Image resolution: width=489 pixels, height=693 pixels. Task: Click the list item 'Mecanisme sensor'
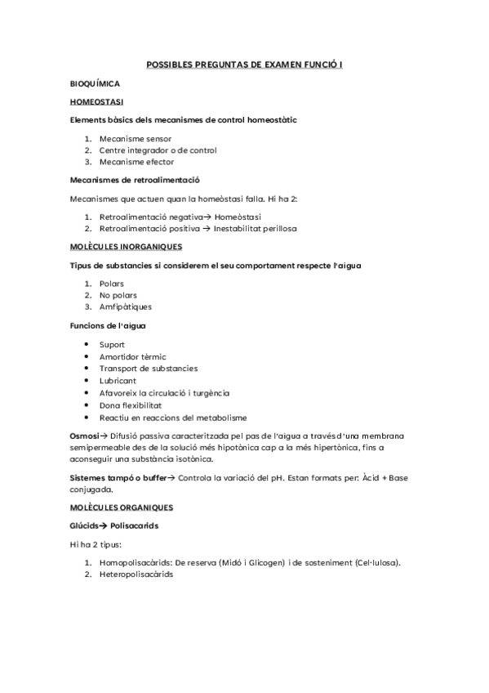pos(130,139)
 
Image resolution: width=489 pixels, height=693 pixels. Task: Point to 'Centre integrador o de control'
pos(158,150)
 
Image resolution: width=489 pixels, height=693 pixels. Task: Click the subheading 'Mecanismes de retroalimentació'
pos(136,180)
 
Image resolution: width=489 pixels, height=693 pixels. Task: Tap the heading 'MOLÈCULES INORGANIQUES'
pos(126,246)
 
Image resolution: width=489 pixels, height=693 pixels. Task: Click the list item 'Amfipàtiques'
pos(125,306)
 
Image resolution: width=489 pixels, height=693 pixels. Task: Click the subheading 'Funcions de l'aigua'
pos(109,325)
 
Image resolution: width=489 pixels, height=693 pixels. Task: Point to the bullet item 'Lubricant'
pos(118,381)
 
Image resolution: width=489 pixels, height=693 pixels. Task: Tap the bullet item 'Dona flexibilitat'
pos(131,405)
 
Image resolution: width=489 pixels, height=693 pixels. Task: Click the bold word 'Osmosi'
pos(85,436)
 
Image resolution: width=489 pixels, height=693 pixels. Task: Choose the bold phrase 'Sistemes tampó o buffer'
pos(118,477)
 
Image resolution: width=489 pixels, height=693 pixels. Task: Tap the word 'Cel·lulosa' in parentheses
pos(377,562)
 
